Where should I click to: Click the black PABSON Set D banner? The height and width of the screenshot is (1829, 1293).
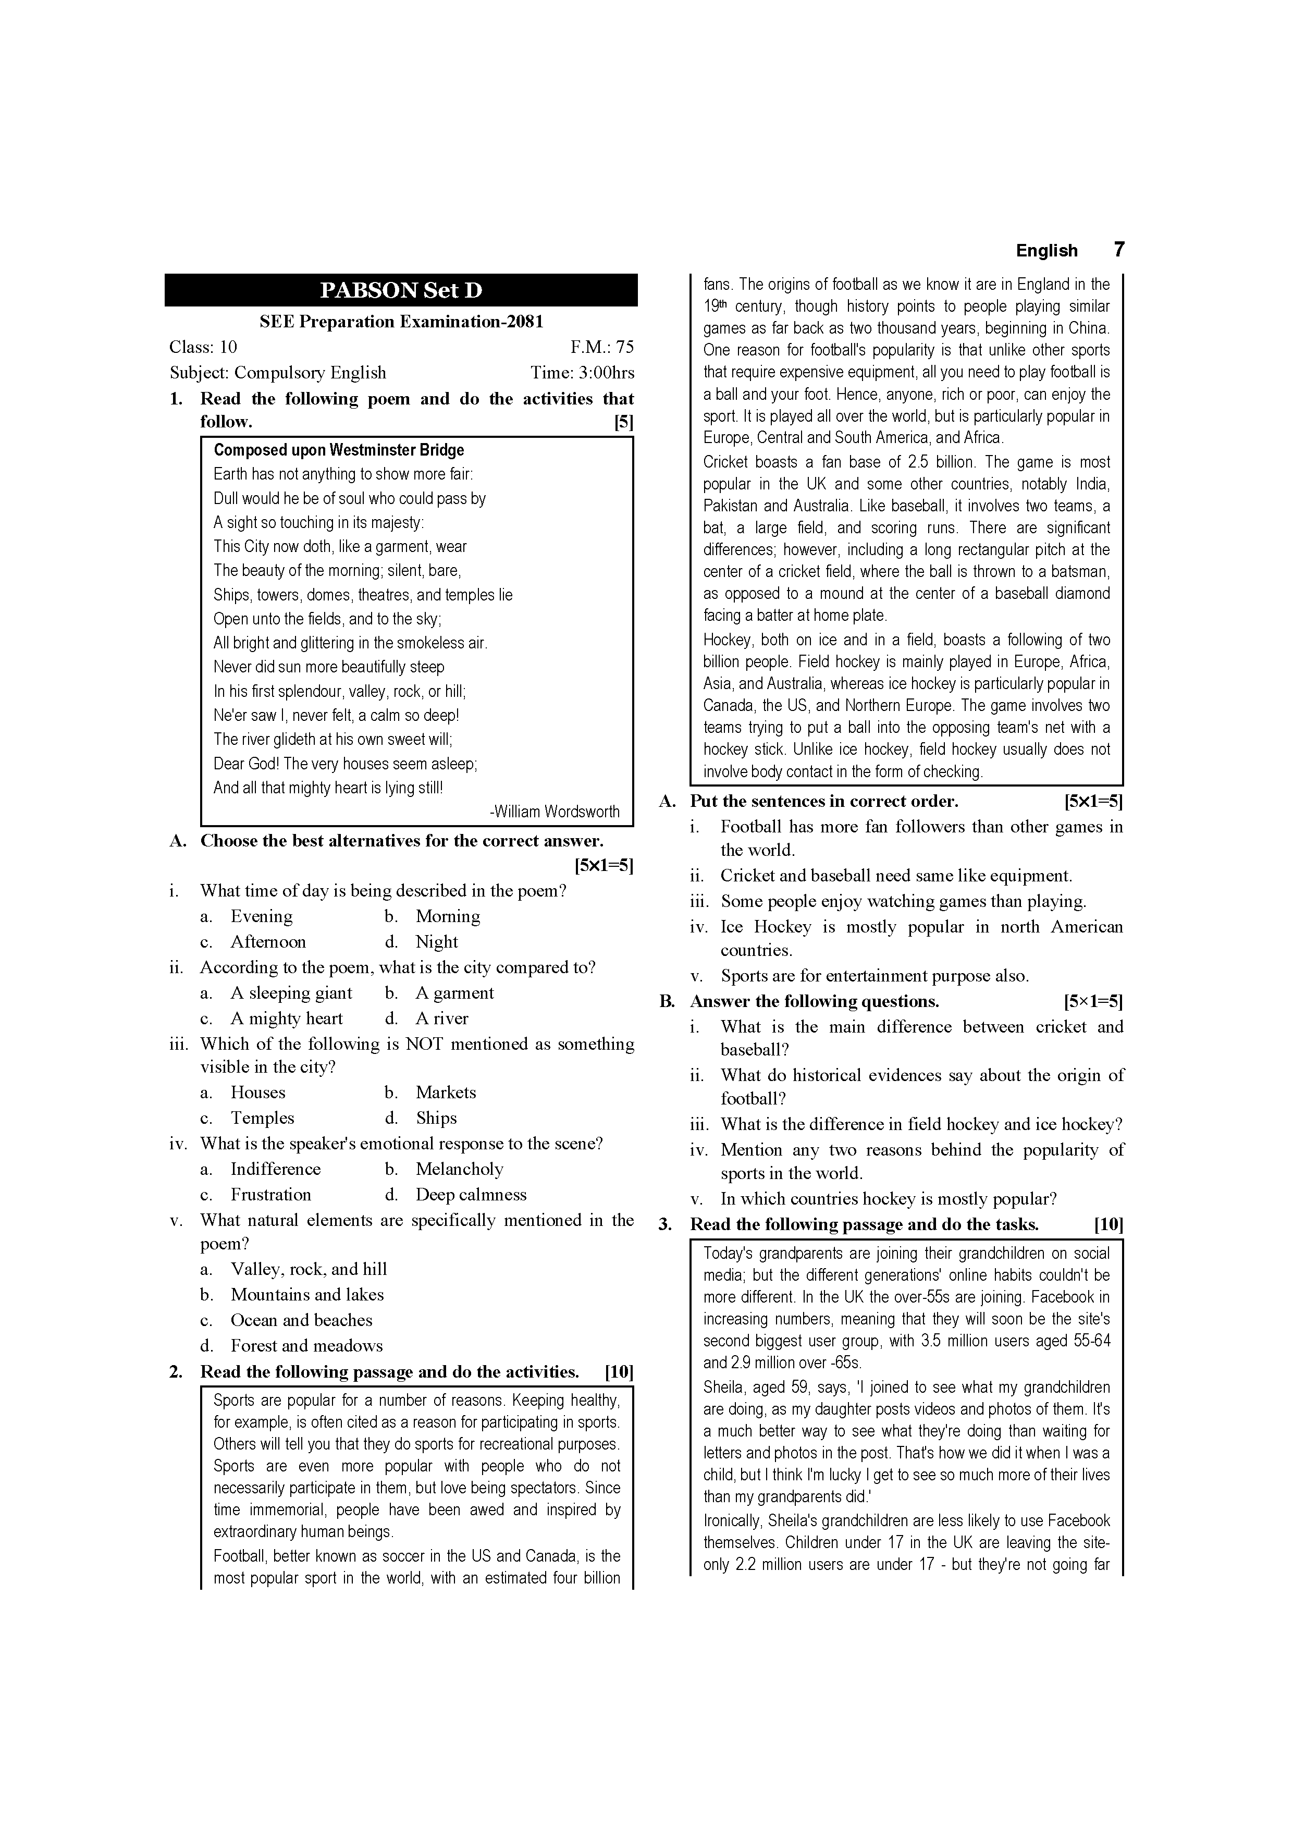point(401,290)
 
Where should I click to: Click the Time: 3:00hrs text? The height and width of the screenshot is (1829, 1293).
point(582,373)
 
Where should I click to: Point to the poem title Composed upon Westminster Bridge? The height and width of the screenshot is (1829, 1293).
point(339,450)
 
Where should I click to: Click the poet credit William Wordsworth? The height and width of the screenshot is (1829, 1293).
point(555,812)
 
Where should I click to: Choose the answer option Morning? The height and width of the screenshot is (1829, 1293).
point(448,916)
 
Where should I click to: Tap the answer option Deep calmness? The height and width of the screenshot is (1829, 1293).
point(471,1194)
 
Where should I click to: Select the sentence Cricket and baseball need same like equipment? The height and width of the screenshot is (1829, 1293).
point(896,876)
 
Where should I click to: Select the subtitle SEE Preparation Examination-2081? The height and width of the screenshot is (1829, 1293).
point(401,322)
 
